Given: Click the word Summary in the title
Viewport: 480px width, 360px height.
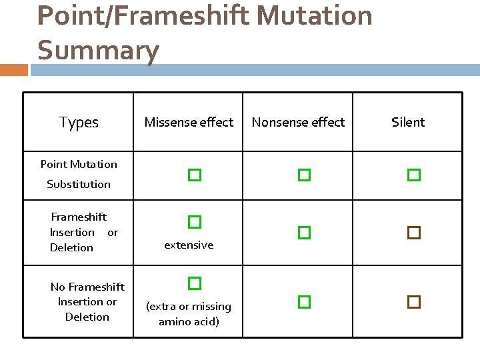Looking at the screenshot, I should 98,51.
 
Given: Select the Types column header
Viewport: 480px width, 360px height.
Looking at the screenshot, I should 79,123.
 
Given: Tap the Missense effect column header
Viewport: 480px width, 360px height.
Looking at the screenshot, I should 189,123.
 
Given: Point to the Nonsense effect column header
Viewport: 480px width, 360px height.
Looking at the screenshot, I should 298,123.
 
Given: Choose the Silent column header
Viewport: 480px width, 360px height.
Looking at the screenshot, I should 408,123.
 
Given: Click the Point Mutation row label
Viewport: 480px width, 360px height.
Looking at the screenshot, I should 79,164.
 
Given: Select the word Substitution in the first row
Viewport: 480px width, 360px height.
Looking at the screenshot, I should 79,184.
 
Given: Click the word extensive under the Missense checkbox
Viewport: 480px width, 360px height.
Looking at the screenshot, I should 189,245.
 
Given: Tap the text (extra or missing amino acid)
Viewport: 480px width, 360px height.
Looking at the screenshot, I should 189,314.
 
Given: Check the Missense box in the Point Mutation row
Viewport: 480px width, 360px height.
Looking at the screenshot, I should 194,175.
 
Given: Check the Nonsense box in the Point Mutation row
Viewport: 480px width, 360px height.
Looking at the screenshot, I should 304,175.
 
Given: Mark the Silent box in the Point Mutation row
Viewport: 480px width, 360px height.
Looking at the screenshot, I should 414,175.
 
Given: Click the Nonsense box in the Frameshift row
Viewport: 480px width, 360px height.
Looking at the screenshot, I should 304,233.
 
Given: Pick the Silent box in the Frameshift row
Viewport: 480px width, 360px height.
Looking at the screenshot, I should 414,233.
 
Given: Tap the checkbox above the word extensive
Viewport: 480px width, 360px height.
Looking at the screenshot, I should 194,221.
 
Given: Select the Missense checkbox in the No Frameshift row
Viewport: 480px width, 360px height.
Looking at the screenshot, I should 194,283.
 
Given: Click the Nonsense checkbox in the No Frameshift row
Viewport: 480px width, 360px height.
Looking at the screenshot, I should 304,301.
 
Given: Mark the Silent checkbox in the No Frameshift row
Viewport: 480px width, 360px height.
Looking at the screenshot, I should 414,301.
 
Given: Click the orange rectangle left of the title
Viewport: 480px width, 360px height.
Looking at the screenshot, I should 14,70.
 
